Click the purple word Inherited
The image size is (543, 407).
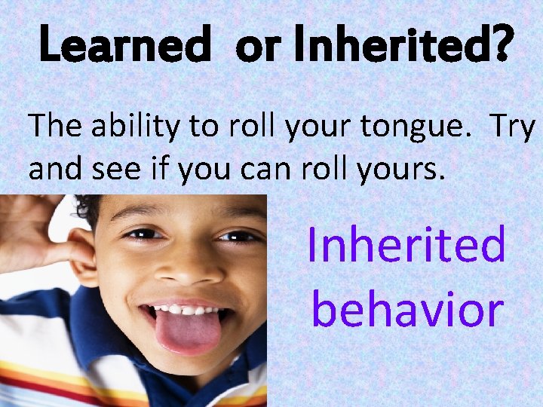coord(406,245)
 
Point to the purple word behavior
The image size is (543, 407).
coord(407,309)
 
